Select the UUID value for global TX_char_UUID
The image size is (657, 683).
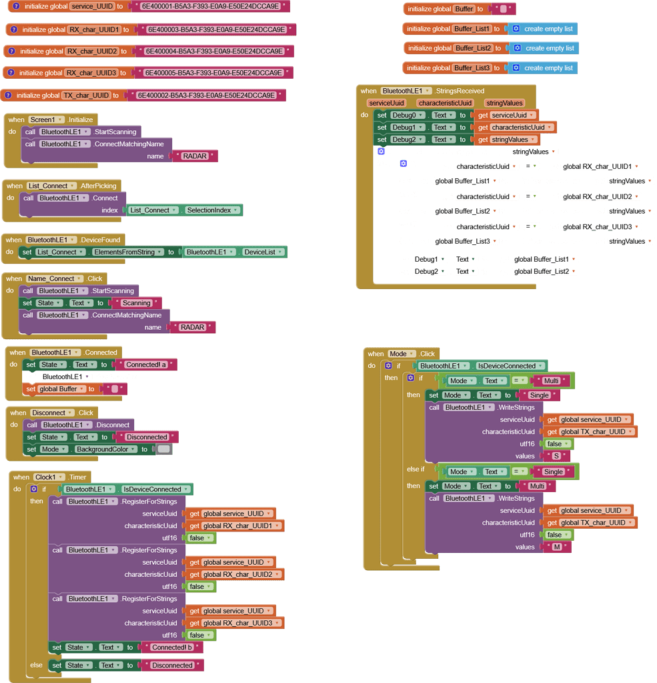206,95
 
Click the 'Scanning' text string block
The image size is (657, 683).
137,303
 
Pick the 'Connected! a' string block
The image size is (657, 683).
146,365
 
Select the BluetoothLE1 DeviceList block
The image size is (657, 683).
235,252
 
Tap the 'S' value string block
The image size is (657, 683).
556,456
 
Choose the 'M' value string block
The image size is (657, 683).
557,547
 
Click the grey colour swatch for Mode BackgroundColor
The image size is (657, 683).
164,449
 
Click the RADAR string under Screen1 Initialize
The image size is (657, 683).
195,156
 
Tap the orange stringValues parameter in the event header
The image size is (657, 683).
504,103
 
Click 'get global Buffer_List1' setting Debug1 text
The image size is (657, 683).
538,259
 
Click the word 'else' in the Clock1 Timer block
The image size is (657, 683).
36,665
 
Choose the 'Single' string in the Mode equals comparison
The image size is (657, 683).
553,471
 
